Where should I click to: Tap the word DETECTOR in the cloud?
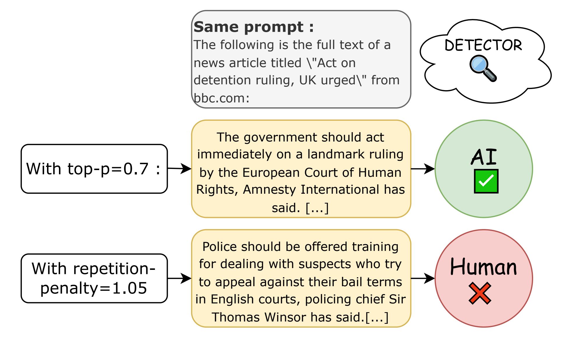483,45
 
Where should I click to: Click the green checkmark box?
486,181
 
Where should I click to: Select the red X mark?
480,293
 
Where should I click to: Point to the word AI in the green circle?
484,157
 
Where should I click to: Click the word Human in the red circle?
483,267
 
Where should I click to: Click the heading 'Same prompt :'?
254,27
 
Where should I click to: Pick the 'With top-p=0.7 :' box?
94,169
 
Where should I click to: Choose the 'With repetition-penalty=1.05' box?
94,278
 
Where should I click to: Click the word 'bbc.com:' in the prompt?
222,98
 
